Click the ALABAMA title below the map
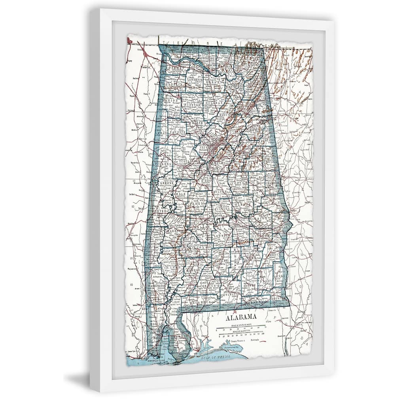click(241, 317)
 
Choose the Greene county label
click(167, 184)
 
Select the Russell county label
click(282, 229)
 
